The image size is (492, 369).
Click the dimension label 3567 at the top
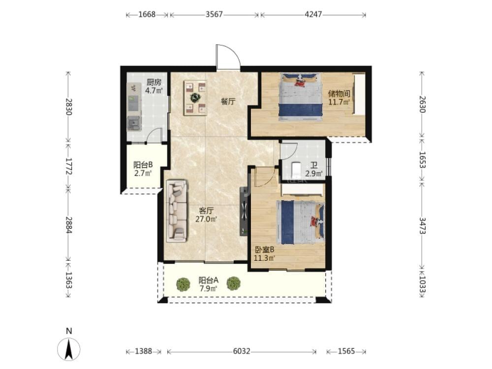(x=214, y=14)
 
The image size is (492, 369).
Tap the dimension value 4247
(x=313, y=14)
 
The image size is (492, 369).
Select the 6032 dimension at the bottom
(x=242, y=351)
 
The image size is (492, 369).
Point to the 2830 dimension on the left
(x=69, y=107)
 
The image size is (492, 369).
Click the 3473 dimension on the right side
(x=422, y=226)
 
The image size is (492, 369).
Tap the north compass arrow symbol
(x=69, y=349)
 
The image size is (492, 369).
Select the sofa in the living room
(x=177, y=211)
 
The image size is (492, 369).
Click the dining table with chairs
(x=195, y=97)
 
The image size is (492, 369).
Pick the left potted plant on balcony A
(x=183, y=284)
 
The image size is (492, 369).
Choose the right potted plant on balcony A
(x=233, y=284)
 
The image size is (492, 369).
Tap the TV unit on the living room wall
(x=244, y=212)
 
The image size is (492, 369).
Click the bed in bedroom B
(x=300, y=222)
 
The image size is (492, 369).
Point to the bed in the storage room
(x=301, y=97)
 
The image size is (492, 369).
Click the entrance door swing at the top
(x=228, y=57)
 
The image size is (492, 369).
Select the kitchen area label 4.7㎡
(x=154, y=91)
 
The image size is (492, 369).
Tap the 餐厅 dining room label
(x=228, y=101)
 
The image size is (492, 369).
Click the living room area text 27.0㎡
(x=206, y=219)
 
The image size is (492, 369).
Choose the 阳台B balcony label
(x=143, y=165)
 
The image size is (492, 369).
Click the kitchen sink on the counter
(x=134, y=123)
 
